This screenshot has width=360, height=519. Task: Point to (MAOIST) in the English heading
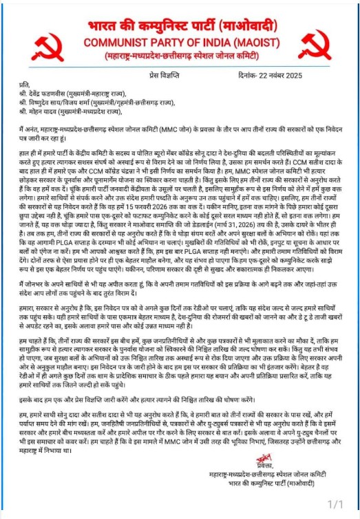(x=259, y=41)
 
